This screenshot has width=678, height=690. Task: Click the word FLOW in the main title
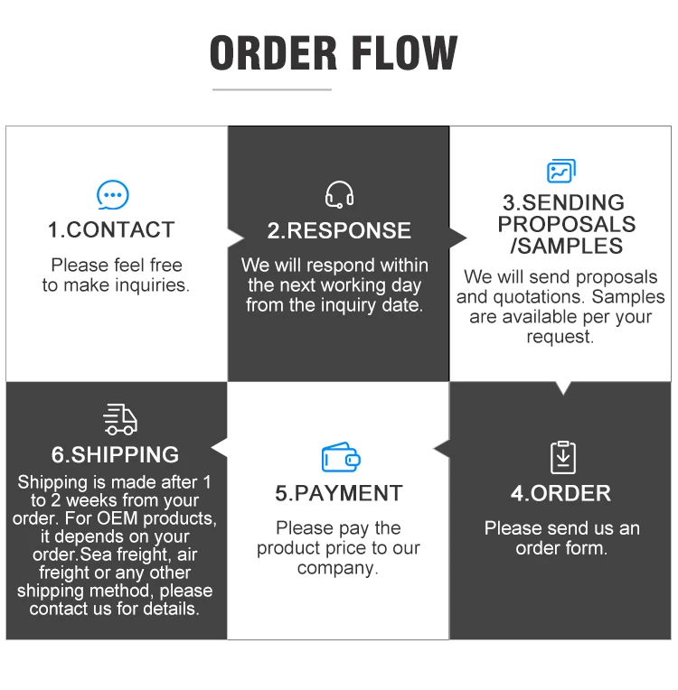[410, 53]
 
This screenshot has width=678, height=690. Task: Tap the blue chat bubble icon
[112, 195]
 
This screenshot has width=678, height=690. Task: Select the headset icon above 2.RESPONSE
[339, 195]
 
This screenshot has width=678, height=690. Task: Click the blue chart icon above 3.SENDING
[560, 171]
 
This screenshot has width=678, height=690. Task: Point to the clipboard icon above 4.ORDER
[562, 457]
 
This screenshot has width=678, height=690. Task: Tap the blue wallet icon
[340, 458]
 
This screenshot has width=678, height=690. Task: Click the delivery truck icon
[120, 419]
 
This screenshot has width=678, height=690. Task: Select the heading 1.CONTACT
[111, 230]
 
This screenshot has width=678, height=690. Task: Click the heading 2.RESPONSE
[338, 230]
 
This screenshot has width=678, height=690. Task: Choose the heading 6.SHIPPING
[115, 454]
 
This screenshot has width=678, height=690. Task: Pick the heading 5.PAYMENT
[338, 493]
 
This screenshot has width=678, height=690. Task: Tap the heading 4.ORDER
[560, 493]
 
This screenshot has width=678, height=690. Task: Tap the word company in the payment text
[335, 568]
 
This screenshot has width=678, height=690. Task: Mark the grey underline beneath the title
[272, 89]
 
